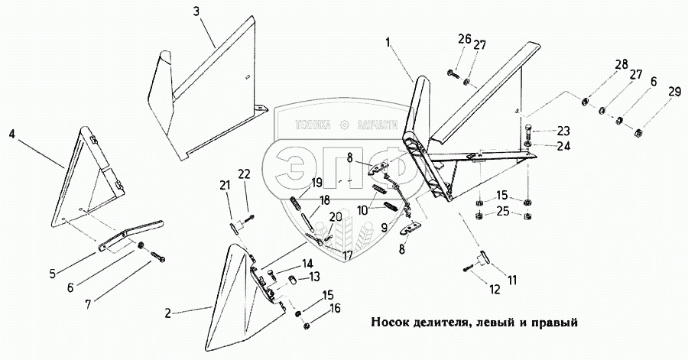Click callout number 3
pos(198,11)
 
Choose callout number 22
pos(245,175)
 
